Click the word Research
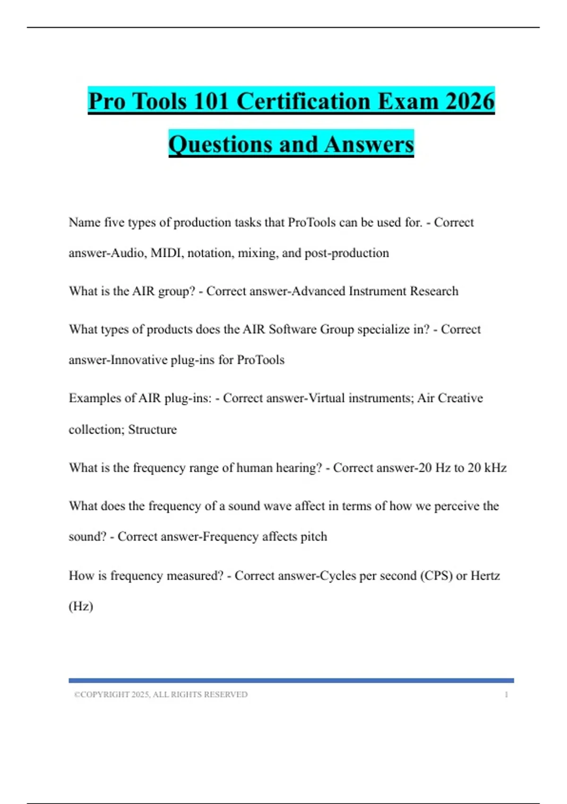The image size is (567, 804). [x=434, y=291]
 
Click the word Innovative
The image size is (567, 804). [x=138, y=360]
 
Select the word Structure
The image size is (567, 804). [x=153, y=429]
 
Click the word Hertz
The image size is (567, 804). [x=485, y=576]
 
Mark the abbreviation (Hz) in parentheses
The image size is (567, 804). [x=81, y=606]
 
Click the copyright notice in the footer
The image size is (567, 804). [x=161, y=695]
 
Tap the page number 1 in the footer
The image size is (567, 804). [x=507, y=695]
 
